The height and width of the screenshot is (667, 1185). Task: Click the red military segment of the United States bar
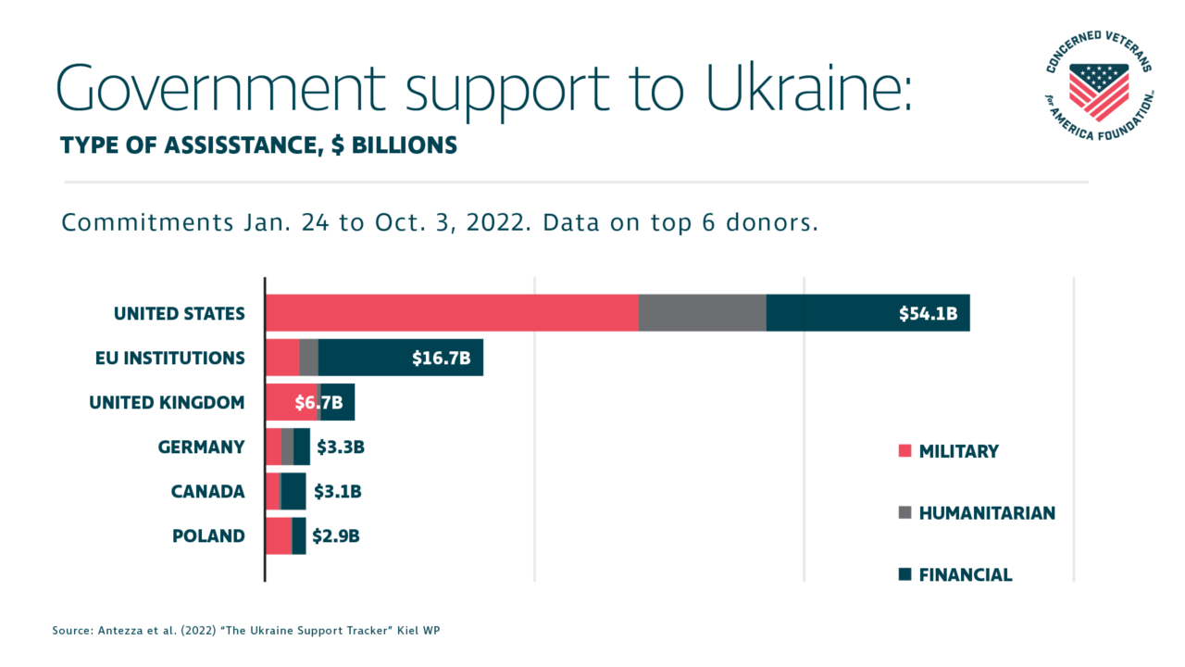[452, 313]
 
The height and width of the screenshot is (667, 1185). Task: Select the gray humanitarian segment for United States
[702, 313]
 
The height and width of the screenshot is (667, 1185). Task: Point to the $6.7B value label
[318, 402]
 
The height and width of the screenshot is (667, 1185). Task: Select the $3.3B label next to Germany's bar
[341, 447]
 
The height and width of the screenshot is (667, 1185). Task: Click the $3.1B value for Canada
[337, 491]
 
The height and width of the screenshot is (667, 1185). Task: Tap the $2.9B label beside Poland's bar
[335, 535]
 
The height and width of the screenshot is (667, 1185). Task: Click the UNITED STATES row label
[179, 313]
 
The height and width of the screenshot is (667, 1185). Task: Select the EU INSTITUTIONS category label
[169, 358]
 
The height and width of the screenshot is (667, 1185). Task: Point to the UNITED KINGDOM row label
[167, 402]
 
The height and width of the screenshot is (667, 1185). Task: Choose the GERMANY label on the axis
[201, 447]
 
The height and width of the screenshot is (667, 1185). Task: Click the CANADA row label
[207, 491]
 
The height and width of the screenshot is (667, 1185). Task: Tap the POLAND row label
[208, 535]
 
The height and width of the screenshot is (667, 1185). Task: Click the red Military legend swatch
[904, 451]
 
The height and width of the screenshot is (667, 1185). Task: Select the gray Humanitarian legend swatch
[904, 512]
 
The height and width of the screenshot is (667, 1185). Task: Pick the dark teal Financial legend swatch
[904, 574]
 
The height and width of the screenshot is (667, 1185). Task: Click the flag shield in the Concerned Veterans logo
[1099, 90]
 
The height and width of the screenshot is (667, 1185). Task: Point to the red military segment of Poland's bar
[278, 535]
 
